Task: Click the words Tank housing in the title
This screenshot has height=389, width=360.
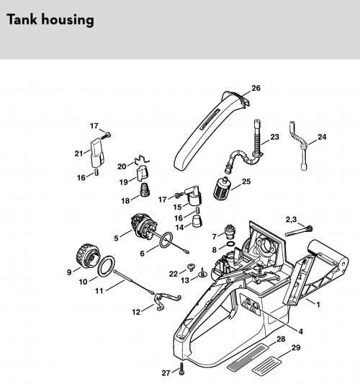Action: click(50, 19)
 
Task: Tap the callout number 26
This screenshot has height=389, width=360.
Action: click(256, 88)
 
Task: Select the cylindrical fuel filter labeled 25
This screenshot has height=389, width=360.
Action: click(222, 188)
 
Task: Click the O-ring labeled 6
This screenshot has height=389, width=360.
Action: click(166, 240)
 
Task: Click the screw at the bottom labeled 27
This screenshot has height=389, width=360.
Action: click(182, 367)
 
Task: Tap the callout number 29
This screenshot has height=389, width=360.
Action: click(296, 348)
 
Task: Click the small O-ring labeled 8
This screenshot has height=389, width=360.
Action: click(230, 244)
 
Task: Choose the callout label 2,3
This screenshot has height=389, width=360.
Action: click(291, 220)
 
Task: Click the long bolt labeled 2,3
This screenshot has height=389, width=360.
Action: click(299, 231)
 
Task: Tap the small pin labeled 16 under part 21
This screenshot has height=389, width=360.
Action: click(96, 171)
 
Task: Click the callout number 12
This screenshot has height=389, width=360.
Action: click(136, 312)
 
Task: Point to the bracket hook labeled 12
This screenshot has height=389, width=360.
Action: click(166, 300)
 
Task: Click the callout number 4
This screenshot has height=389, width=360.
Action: click(300, 331)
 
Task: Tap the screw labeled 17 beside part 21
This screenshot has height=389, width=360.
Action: click(106, 135)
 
